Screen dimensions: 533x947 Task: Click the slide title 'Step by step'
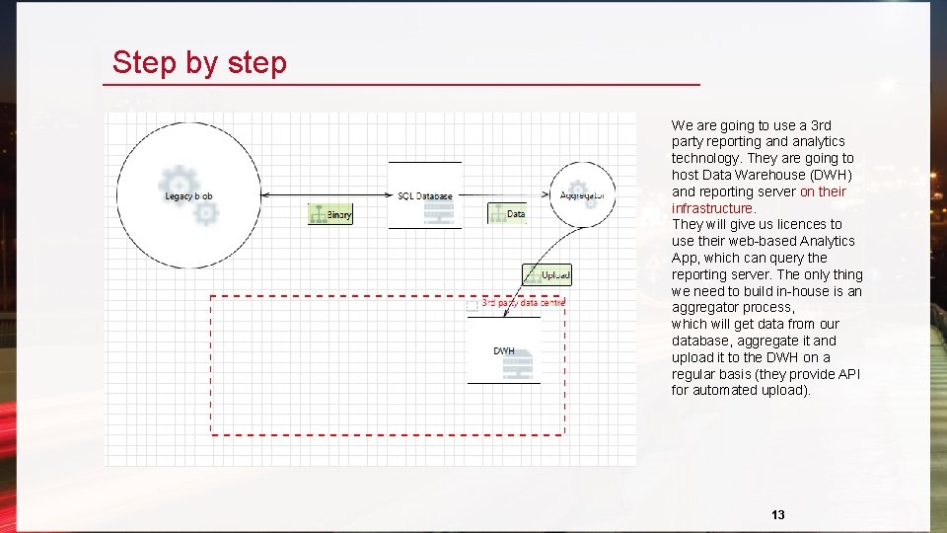coord(199,62)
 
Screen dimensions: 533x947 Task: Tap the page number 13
coord(778,515)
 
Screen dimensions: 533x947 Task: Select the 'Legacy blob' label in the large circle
coord(188,196)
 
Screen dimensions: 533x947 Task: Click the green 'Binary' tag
coord(330,214)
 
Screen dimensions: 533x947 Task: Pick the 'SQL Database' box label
coord(425,196)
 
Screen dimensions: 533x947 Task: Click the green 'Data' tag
coord(507,213)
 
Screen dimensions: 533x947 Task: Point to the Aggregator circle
coord(582,195)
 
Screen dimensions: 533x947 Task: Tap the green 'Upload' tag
coord(547,275)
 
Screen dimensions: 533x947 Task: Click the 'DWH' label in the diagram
coord(503,351)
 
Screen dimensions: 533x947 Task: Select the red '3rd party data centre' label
coord(523,303)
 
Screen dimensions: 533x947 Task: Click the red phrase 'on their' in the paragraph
coord(823,191)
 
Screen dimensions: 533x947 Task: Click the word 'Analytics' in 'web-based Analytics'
coord(827,241)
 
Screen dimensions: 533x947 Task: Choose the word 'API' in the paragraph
coord(847,374)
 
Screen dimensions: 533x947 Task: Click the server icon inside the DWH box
coord(518,367)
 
